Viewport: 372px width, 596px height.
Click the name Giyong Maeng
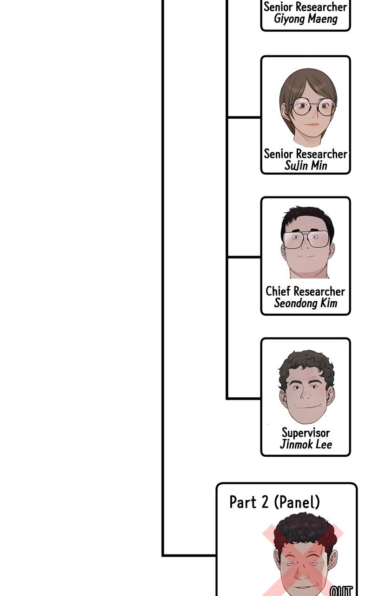click(306, 19)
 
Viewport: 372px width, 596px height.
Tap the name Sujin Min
click(306, 166)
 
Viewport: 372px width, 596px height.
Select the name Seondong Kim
click(306, 303)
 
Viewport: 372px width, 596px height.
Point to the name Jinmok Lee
click(306, 444)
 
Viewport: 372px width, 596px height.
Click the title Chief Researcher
click(306, 291)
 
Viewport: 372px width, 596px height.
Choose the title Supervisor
click(306, 433)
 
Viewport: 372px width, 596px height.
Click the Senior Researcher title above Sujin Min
click(306, 154)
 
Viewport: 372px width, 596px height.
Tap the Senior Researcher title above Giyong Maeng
click(306, 7)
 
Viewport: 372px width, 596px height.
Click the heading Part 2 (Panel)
click(274, 502)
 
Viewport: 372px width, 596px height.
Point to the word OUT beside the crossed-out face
click(341, 591)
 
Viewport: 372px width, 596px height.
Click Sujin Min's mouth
click(312, 124)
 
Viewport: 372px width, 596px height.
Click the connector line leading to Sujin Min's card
click(244, 117)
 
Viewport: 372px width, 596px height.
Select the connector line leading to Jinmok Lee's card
click(244, 399)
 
